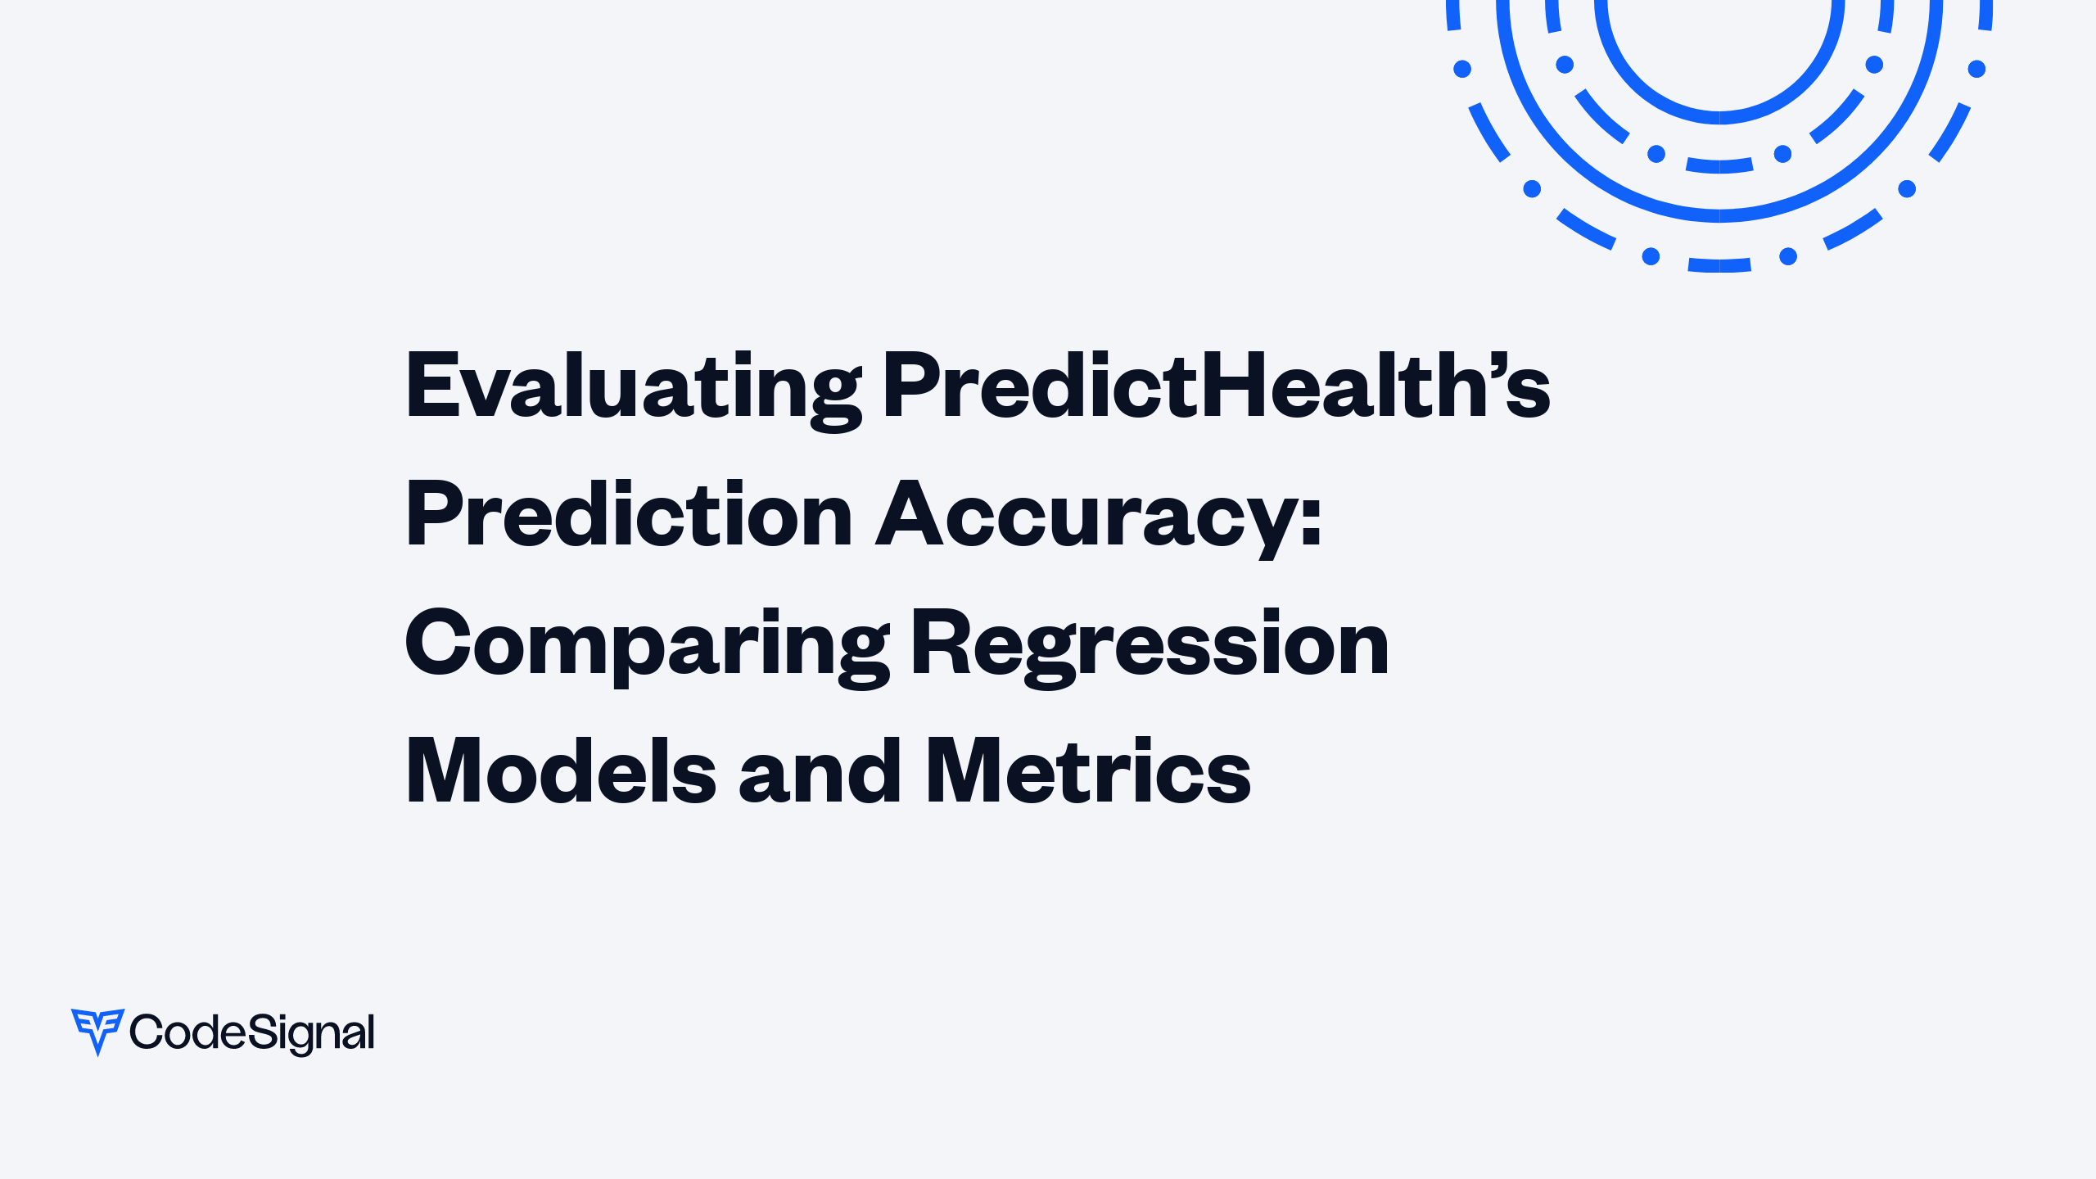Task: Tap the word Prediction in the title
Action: (x=629, y=514)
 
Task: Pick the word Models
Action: (x=561, y=771)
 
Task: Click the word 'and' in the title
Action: (x=820, y=771)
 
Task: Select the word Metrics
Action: (x=1088, y=771)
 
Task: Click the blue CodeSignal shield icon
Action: (x=97, y=1031)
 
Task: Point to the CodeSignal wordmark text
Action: (x=252, y=1032)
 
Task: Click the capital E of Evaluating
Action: (x=433, y=385)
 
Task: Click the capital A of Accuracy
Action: (x=910, y=514)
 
